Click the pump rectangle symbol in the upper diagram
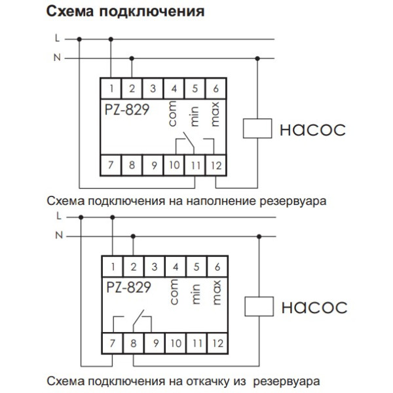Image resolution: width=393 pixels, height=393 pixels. pos(257,128)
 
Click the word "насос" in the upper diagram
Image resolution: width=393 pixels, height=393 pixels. pos(312,128)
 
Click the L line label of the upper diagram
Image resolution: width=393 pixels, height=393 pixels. pos(58,39)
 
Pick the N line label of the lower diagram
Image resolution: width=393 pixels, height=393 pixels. pos(59,234)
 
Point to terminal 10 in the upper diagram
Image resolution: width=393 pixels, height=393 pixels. pos(174,165)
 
